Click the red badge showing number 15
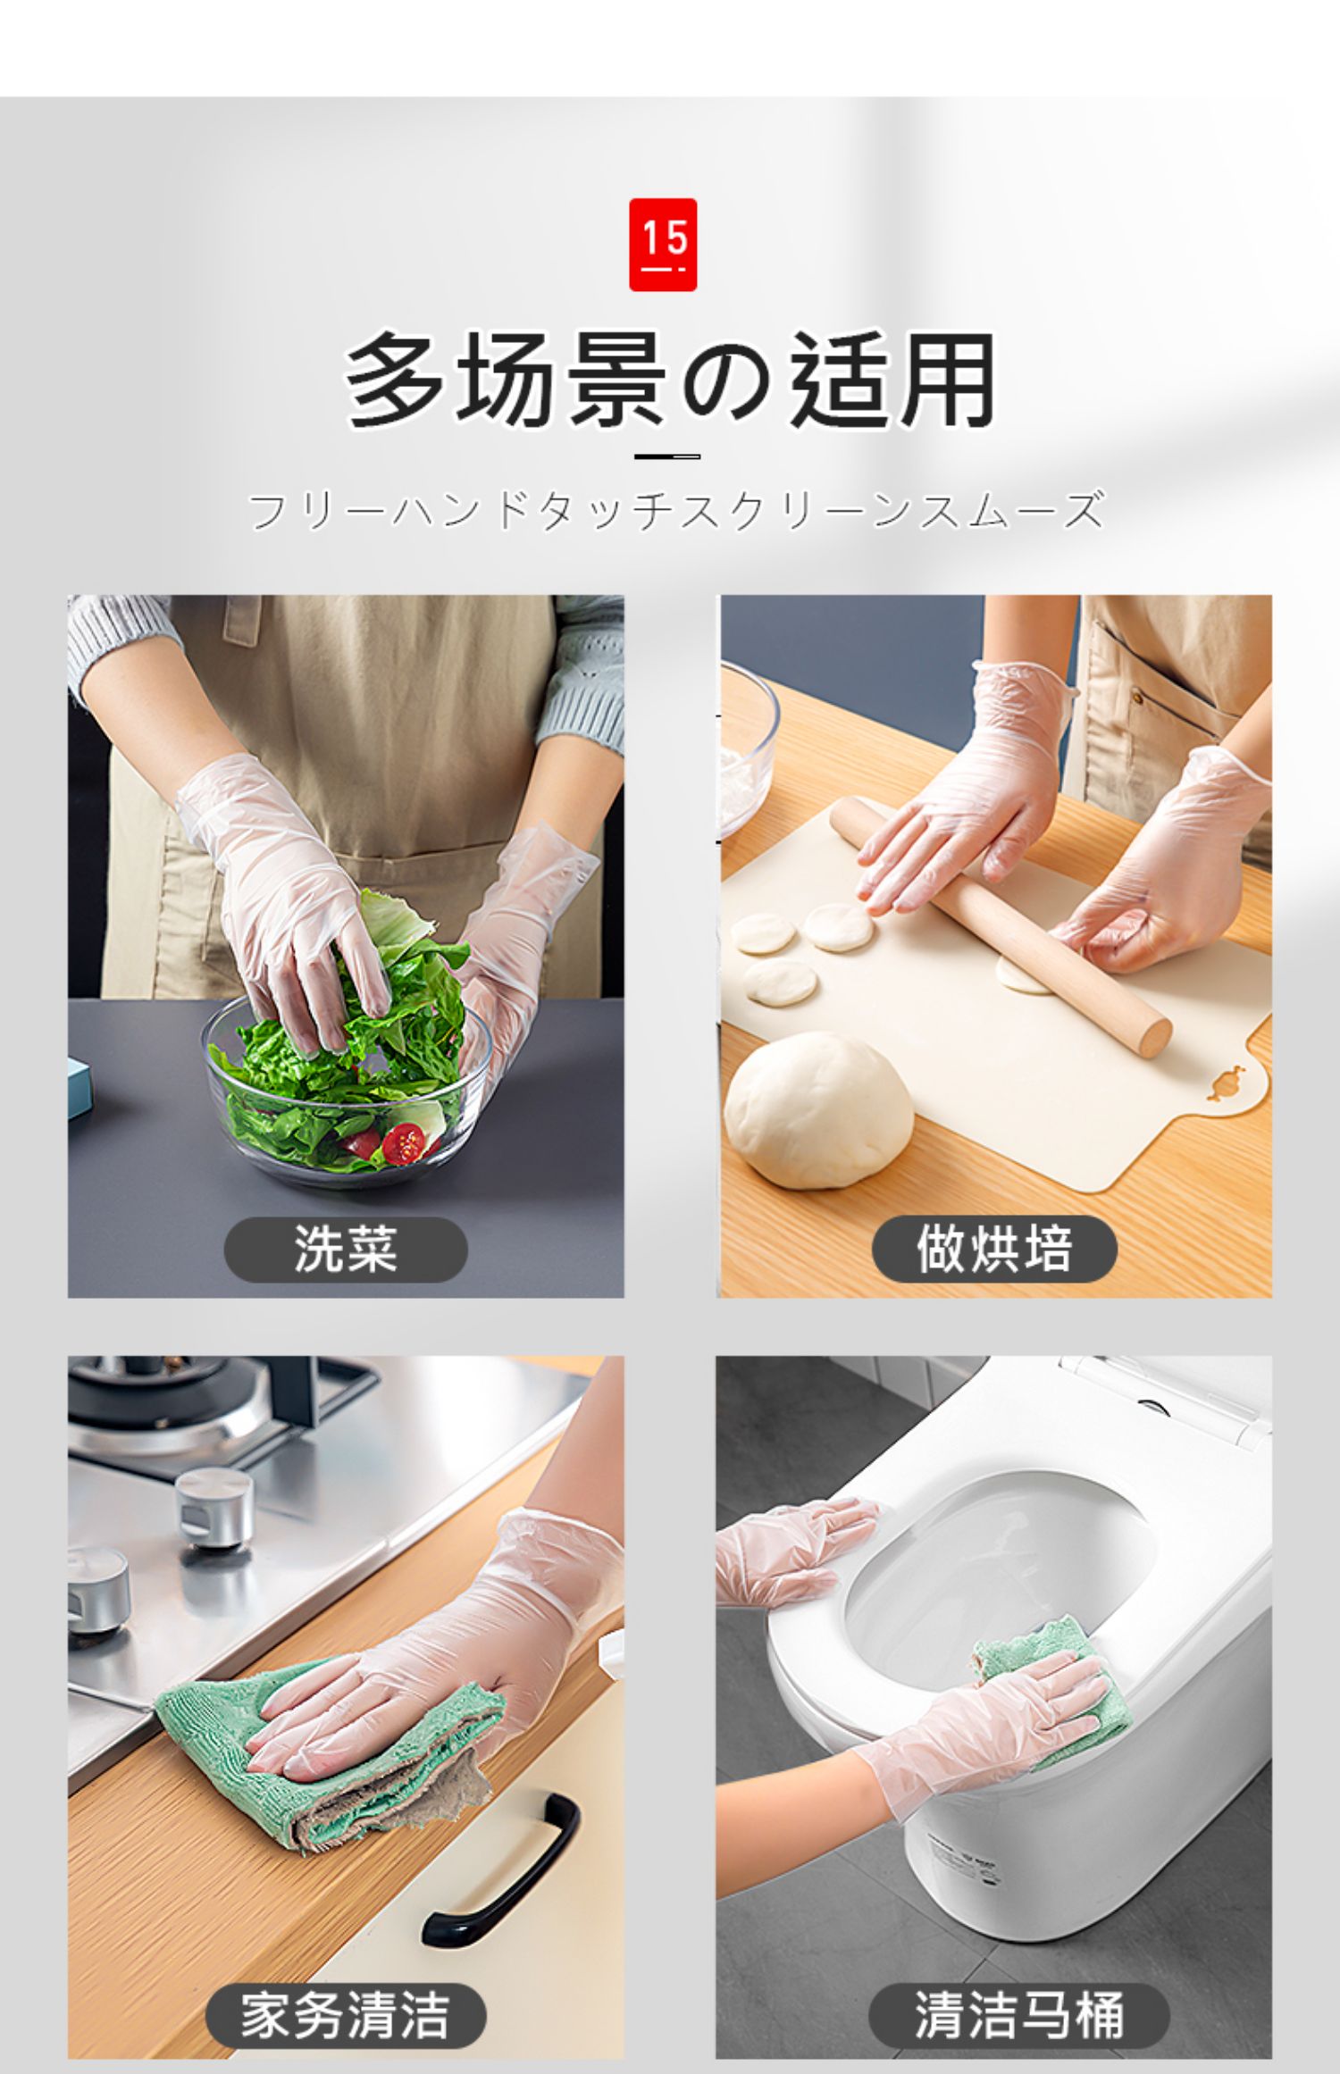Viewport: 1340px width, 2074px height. coord(663,245)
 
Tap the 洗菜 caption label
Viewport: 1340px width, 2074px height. coord(346,1249)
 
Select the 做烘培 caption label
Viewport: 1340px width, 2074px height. coord(994,1249)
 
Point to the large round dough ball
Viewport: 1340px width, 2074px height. coord(817,1109)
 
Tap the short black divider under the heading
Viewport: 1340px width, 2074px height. coord(667,456)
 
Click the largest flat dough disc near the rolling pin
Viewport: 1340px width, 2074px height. coord(837,926)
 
